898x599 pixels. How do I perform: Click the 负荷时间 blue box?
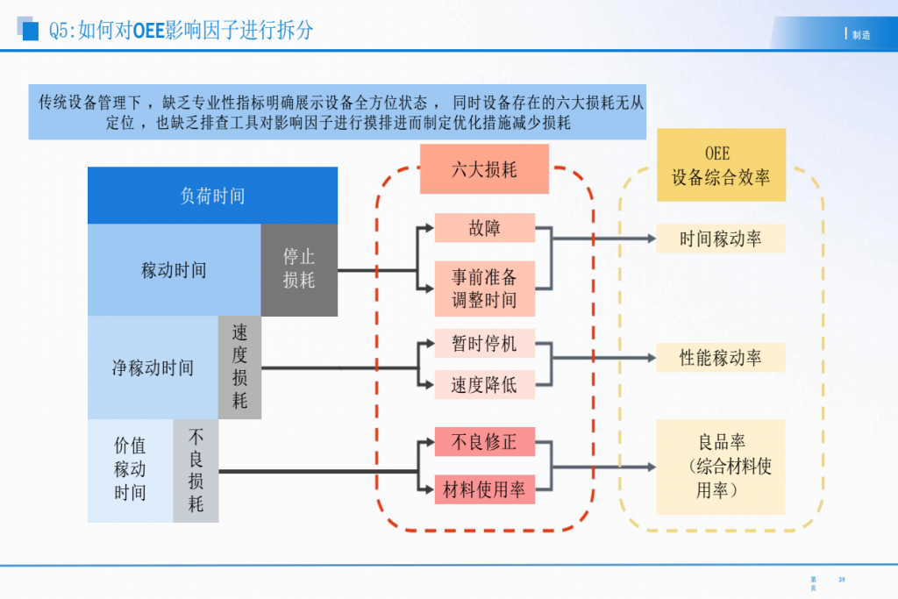(x=212, y=196)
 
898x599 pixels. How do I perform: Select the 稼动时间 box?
(x=174, y=270)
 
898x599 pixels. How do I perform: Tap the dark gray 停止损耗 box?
(x=299, y=269)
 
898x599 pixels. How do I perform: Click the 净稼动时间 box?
(x=153, y=367)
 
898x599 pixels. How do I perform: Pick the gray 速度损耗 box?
(x=239, y=367)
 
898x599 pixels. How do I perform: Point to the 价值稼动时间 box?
(x=130, y=470)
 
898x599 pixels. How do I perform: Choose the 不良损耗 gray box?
(x=196, y=470)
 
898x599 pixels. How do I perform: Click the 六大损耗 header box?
(x=484, y=169)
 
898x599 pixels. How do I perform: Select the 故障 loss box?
(x=484, y=228)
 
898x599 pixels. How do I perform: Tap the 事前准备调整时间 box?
(x=484, y=289)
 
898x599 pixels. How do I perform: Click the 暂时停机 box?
(x=484, y=343)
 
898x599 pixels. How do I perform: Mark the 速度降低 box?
(x=484, y=384)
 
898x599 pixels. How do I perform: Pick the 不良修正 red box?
(x=484, y=442)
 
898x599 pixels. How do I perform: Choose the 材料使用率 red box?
(x=484, y=489)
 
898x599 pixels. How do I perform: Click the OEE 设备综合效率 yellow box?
(x=721, y=165)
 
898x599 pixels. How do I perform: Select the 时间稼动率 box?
(x=721, y=239)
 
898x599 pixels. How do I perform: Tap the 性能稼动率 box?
(x=721, y=358)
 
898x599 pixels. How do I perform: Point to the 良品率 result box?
(x=721, y=467)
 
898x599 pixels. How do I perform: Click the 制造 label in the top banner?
(x=861, y=35)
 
